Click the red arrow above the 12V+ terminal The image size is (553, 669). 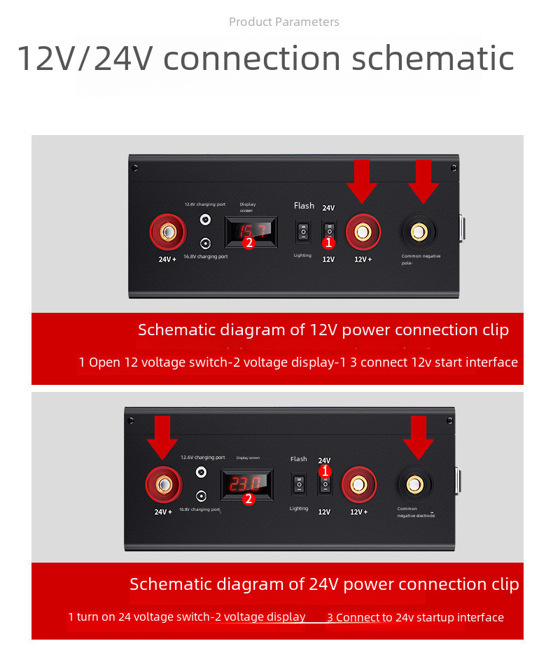(362, 181)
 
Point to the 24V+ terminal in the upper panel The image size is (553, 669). (168, 232)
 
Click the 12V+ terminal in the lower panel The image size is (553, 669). (358, 484)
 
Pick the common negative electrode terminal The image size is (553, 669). (414, 484)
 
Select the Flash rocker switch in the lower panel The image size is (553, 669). (299, 484)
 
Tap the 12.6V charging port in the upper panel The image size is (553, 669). (205, 219)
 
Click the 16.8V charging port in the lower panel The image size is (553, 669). (202, 495)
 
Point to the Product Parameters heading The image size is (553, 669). (283, 22)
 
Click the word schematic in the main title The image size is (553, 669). (433, 59)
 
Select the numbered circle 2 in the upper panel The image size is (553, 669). (248, 243)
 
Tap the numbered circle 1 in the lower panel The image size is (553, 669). (325, 472)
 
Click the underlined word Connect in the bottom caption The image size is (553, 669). (358, 617)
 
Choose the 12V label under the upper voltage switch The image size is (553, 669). (328, 259)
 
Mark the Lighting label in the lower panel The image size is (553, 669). (299, 508)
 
